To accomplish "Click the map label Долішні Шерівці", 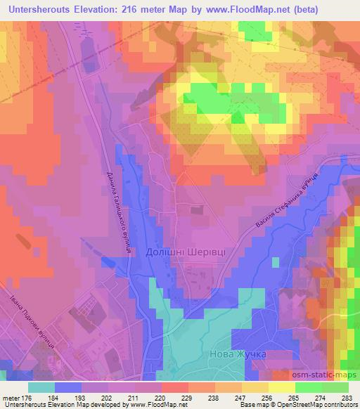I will [198, 253].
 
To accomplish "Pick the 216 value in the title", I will [141, 10].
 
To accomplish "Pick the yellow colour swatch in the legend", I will [281, 387].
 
